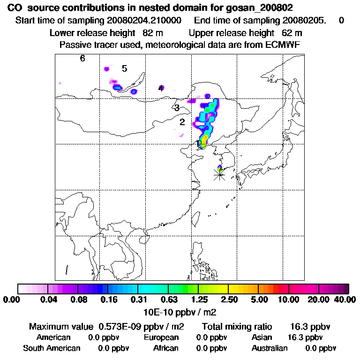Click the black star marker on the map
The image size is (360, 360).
(219, 174)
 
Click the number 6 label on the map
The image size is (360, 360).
(82, 59)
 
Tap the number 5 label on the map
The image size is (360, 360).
(124, 69)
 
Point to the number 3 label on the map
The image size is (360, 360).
(177, 108)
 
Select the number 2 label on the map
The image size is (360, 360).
(182, 122)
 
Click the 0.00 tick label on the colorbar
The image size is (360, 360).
(12, 300)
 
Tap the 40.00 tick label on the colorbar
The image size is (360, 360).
(344, 300)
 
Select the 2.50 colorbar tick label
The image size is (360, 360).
(228, 300)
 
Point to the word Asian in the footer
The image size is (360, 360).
(262, 337)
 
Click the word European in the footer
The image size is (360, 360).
(161, 337)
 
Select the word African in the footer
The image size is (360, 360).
(166, 348)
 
